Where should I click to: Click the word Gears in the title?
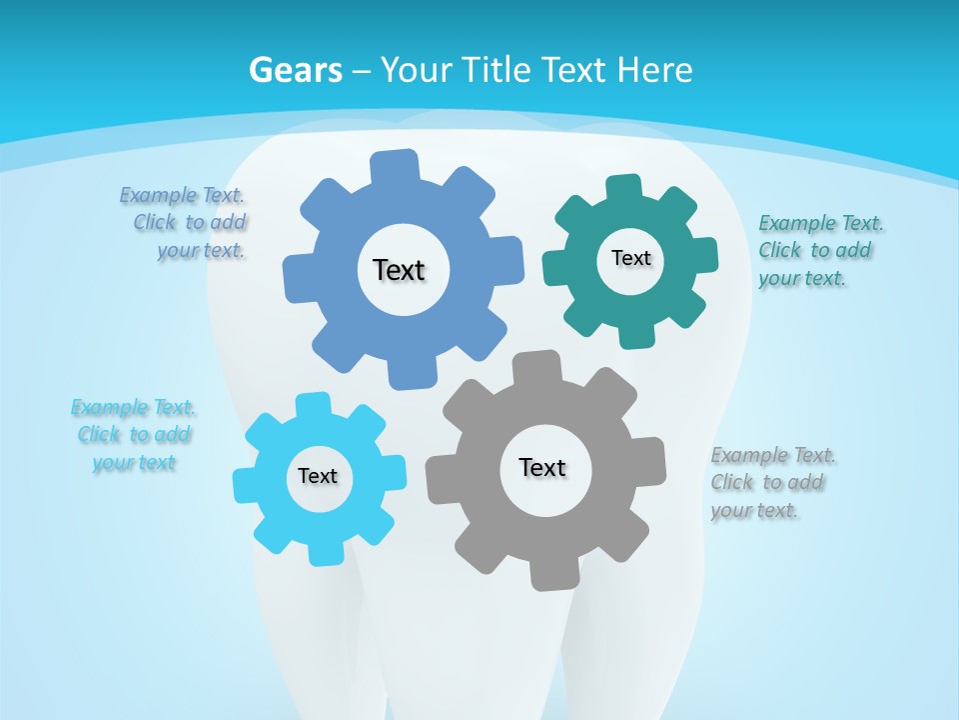point(295,70)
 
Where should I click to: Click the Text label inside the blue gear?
point(399,270)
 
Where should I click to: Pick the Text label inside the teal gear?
point(630,258)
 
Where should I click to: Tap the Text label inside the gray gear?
point(542,467)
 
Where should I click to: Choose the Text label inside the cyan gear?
point(318,476)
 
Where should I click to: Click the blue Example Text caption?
point(187,223)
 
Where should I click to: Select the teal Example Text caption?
point(819,250)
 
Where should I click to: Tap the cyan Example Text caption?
point(134,435)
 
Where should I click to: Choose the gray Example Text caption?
point(772,483)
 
